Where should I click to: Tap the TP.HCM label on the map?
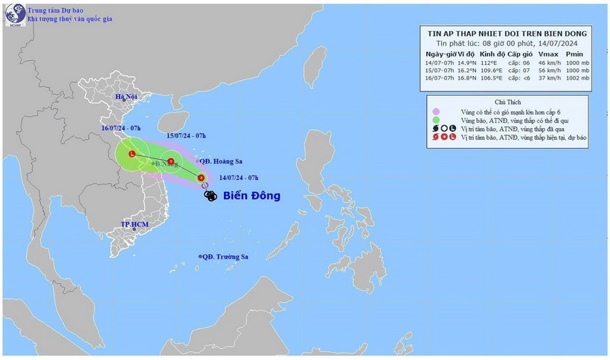[x=135, y=224]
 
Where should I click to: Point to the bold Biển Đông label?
[x=250, y=196]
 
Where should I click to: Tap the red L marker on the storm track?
[x=132, y=155]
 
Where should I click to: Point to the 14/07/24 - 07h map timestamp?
[x=239, y=178]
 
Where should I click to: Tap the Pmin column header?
[x=574, y=54]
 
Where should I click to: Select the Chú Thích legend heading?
[x=507, y=101]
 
